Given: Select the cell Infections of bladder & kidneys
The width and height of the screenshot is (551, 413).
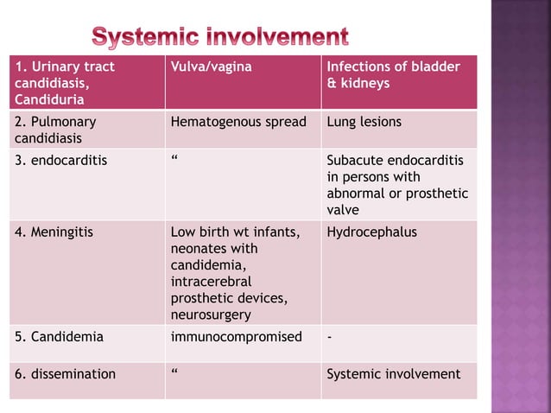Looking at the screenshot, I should [393, 75].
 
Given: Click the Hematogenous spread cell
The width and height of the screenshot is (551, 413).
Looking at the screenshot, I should [238, 122].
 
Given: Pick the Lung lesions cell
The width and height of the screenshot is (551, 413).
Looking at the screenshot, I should [364, 122].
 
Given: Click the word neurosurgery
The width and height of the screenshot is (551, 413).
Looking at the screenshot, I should [211, 315].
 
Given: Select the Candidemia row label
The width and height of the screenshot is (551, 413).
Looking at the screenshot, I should [59, 337].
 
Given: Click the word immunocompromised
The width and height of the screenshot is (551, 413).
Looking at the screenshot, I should [237, 337].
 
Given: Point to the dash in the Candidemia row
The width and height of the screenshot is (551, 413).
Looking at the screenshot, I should [329, 337].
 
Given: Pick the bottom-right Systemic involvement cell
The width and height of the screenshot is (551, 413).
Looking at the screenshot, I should [393, 374].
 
